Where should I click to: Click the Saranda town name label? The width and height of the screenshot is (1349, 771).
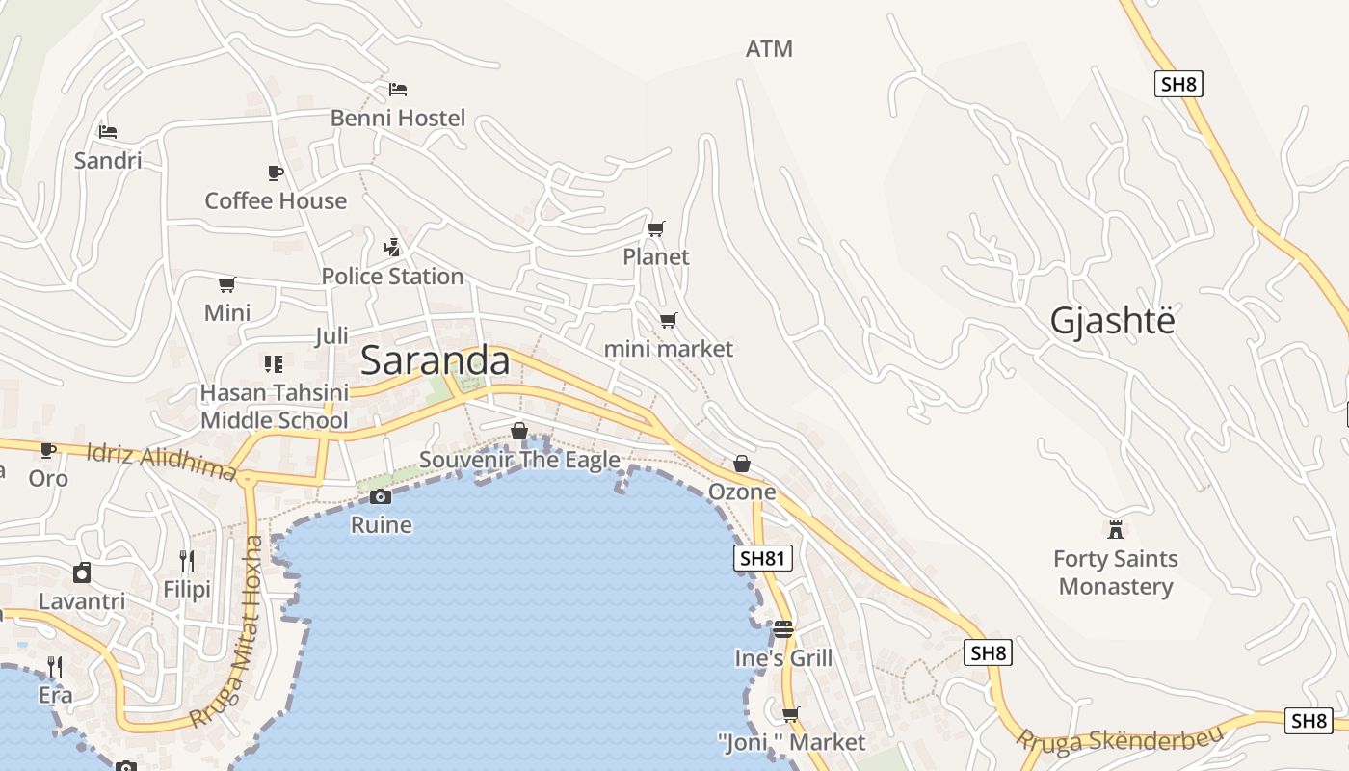[435, 360]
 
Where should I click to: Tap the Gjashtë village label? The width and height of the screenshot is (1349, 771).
[1113, 320]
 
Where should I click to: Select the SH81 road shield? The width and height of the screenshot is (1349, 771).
[762, 558]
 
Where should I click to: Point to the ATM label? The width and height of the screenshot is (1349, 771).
[769, 48]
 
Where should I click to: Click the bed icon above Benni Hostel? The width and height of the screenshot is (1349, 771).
[398, 90]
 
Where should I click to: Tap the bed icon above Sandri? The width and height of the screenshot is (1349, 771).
[108, 131]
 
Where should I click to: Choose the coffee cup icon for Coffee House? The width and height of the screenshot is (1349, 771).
[276, 173]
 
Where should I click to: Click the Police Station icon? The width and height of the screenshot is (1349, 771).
[391, 247]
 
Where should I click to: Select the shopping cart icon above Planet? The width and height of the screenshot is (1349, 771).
[656, 228]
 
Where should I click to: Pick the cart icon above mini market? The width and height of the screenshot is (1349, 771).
[668, 320]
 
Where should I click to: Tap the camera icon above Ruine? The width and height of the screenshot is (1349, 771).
[381, 496]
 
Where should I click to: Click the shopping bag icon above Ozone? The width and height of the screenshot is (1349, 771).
[742, 464]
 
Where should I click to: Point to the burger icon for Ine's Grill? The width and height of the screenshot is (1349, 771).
[782, 629]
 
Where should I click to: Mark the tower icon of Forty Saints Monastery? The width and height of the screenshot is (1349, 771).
[1116, 529]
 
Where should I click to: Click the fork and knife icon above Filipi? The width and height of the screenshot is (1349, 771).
[187, 561]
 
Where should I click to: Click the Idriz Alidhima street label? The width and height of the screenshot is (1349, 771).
[161, 462]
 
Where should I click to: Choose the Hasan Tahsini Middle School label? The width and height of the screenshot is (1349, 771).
[274, 407]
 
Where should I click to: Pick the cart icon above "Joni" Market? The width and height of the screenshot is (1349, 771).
[791, 714]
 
